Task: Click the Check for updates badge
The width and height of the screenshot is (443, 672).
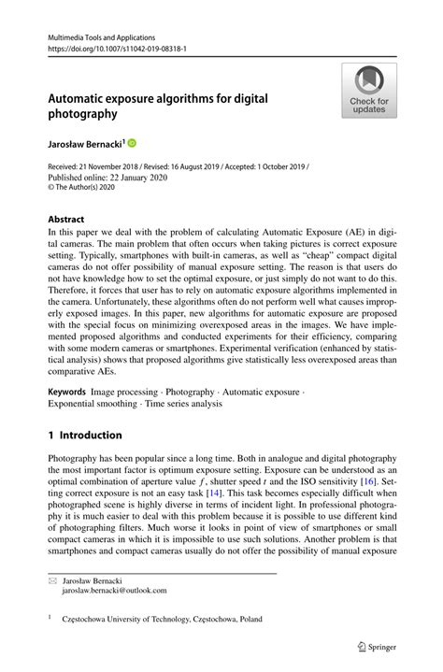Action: pos(369,91)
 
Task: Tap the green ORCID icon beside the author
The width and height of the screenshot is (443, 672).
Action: pos(132,143)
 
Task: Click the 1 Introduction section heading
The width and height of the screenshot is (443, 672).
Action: pos(85,435)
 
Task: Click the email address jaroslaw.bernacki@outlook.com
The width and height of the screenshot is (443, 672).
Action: pos(114,591)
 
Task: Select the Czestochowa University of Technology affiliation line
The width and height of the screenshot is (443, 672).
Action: pos(163,619)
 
